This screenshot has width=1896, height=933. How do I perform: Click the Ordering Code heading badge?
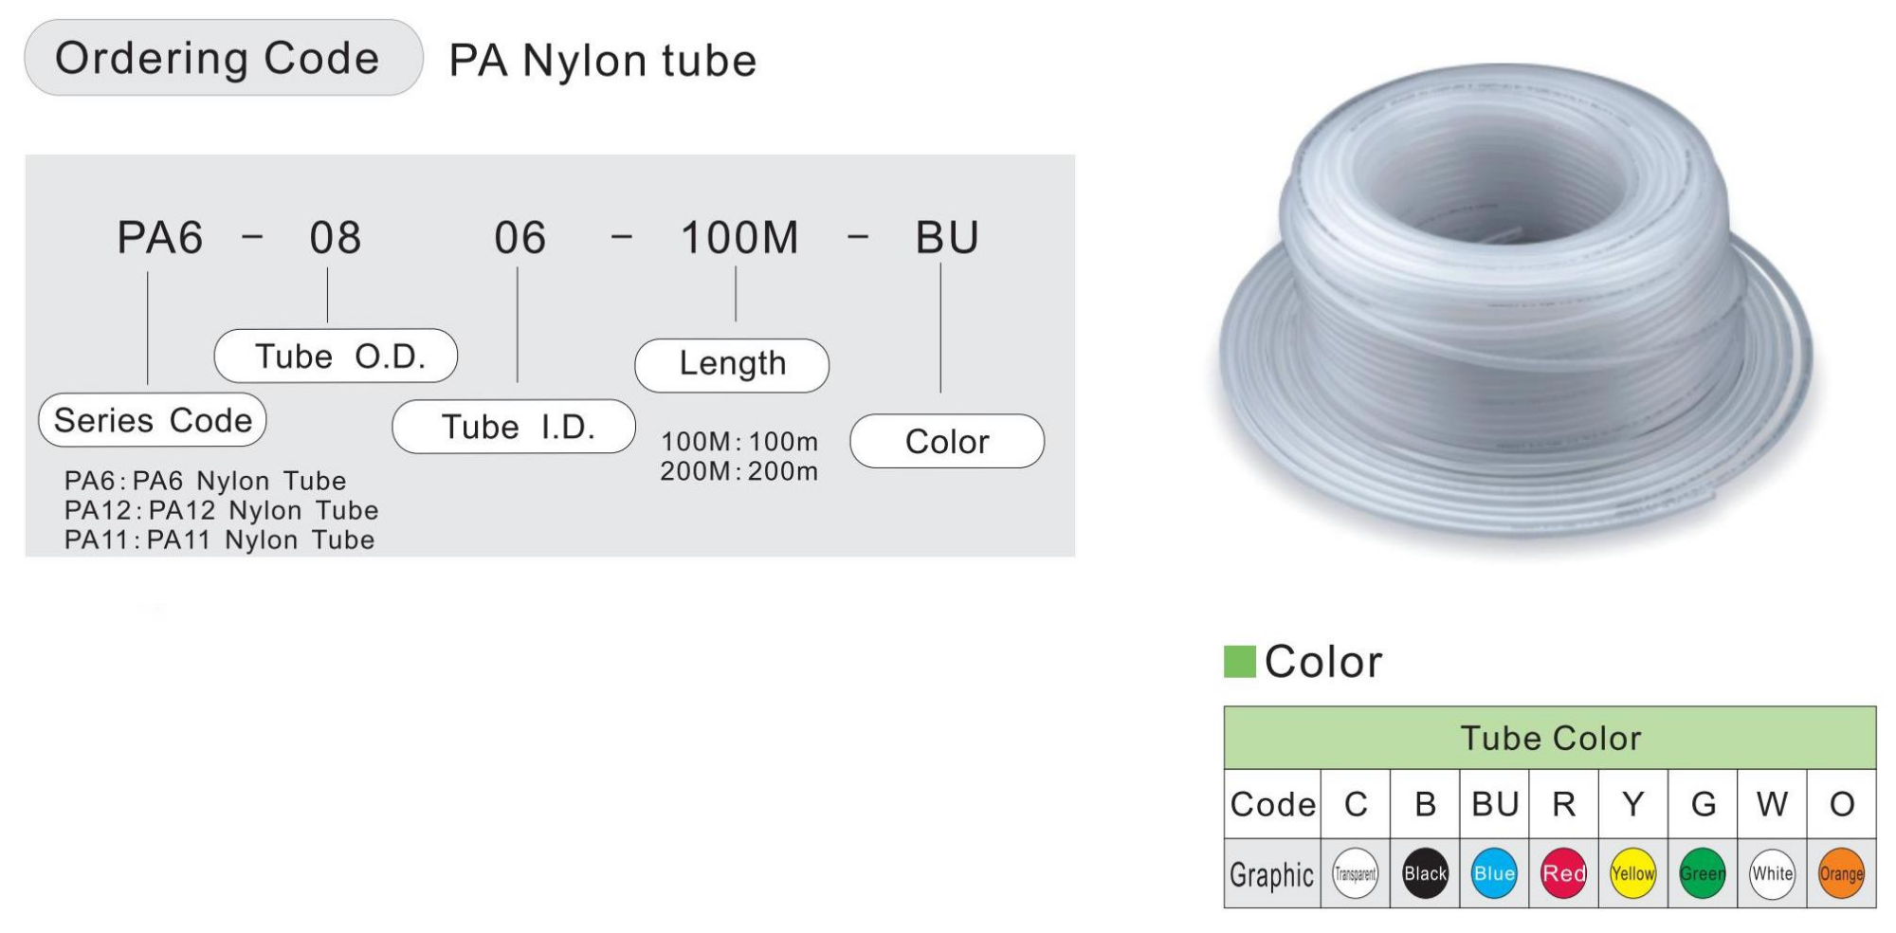(x=223, y=58)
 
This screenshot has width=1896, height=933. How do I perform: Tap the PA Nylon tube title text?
(x=603, y=61)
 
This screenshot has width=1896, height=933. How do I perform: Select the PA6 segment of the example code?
(x=159, y=237)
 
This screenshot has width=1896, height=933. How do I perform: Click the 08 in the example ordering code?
(x=336, y=237)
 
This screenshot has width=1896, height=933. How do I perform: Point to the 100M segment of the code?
(x=739, y=237)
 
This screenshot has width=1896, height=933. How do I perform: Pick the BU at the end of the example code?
(x=947, y=237)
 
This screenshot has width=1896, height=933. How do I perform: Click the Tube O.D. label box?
(x=336, y=356)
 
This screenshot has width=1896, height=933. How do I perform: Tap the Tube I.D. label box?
(x=514, y=427)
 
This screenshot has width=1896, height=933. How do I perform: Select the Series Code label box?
(x=153, y=420)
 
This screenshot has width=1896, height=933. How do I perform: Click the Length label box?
(x=732, y=365)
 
